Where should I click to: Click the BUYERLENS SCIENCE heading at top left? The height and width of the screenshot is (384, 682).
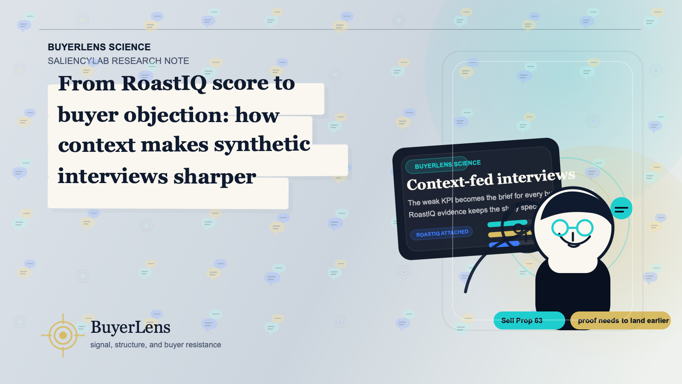coord(99,47)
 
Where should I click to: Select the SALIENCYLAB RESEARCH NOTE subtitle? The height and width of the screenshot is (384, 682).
coord(118,61)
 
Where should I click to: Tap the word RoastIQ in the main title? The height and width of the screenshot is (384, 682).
coord(164,83)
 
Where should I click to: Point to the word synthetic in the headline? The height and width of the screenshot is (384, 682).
coord(262,145)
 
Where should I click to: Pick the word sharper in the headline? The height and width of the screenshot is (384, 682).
coord(214,177)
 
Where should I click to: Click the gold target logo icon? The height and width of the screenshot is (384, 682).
coord(63,335)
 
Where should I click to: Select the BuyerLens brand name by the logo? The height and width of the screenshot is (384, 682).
coord(130,327)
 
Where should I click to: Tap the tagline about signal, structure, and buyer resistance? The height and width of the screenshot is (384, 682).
coord(156,345)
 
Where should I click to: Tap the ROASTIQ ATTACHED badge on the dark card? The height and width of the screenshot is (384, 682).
coord(442,233)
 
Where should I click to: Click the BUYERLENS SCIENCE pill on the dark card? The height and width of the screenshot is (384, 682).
coord(447,164)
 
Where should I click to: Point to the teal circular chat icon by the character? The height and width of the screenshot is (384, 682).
coord(621,209)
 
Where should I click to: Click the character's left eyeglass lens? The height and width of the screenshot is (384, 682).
coord(560,227)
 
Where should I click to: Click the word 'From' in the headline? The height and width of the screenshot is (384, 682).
coord(87,83)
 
